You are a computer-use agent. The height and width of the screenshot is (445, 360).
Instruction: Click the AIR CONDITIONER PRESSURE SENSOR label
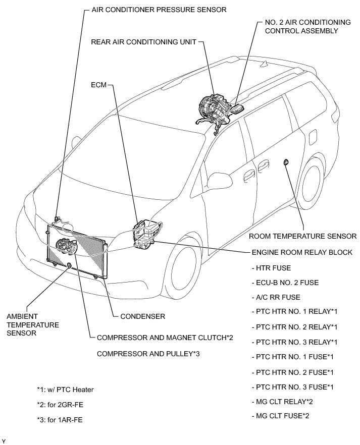(151, 10)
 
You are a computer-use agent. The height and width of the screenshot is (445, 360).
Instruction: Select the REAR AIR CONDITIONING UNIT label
(143, 42)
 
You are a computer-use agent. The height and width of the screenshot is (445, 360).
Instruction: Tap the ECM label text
(98, 85)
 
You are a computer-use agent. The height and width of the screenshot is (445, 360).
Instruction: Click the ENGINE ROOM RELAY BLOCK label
(301, 252)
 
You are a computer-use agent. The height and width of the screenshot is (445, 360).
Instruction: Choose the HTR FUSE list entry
(271, 268)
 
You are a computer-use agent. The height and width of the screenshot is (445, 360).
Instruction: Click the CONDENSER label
(142, 316)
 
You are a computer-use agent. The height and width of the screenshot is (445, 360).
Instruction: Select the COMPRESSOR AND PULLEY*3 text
(148, 353)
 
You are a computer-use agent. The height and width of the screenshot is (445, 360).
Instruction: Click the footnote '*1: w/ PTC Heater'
(65, 390)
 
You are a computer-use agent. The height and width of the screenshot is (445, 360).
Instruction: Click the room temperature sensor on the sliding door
(286, 162)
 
